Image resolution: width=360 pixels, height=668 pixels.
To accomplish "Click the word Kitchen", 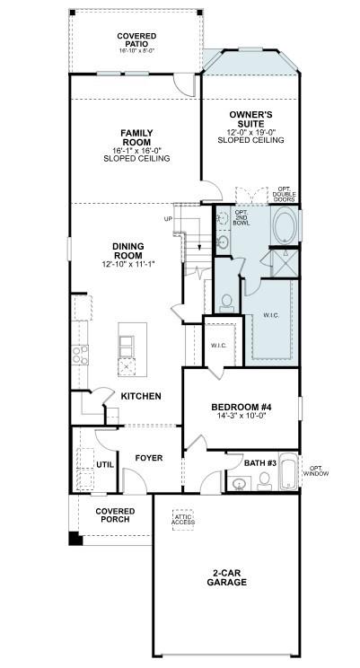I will [x=141, y=396].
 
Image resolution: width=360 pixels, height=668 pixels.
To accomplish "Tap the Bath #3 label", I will [x=261, y=463].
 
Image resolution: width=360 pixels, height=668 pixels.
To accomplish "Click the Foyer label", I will [x=148, y=458].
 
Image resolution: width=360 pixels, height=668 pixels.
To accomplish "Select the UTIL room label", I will [x=105, y=464].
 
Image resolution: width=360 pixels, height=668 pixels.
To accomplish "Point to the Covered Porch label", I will [x=114, y=514].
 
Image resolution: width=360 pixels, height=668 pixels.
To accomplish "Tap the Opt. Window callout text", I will [x=315, y=470].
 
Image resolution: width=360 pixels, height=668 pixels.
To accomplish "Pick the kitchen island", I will [x=127, y=346].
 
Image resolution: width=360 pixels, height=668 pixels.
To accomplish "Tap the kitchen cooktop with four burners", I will [x=80, y=354].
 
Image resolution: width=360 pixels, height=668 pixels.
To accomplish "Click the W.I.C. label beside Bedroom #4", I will [x=219, y=345].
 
